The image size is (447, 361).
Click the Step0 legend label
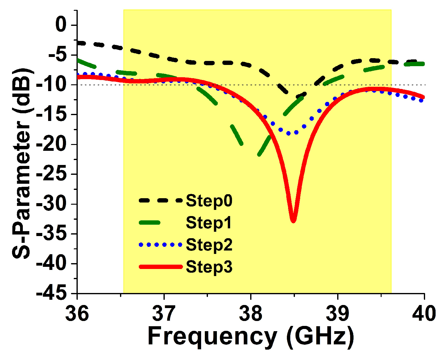(x=209, y=201)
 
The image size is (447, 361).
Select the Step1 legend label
(x=209, y=223)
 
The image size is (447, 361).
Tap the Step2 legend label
(x=209, y=245)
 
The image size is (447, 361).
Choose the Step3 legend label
(x=209, y=267)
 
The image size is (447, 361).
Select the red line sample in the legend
(x=161, y=267)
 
